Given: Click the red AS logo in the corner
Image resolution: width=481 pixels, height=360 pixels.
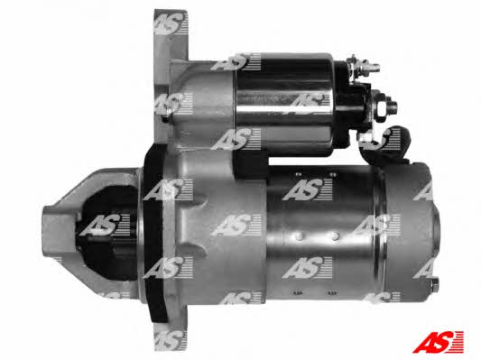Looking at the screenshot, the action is [438, 342].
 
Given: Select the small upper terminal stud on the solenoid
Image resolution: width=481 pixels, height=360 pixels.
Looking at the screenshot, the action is [365, 66].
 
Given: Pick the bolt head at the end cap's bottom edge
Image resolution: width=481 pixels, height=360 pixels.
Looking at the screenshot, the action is [434, 285].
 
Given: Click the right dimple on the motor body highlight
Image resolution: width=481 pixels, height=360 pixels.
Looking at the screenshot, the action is [335, 235].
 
